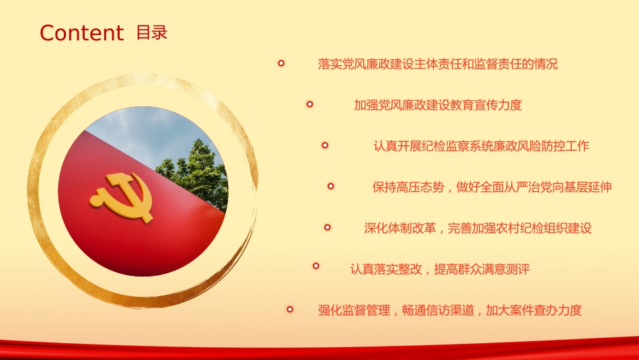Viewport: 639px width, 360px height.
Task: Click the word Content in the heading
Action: (81, 33)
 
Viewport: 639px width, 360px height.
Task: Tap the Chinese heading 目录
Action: (151, 32)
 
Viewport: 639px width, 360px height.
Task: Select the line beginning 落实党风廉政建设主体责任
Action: (438, 64)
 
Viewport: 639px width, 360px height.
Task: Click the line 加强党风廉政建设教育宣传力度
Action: (438, 105)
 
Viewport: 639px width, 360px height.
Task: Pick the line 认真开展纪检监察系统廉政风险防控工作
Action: (481, 145)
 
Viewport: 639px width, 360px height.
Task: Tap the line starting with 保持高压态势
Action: (492, 187)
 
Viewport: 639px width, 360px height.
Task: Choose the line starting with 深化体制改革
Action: (478, 228)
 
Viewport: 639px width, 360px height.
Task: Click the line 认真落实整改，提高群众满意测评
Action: (439, 269)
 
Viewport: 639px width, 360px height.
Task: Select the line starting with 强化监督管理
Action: (449, 310)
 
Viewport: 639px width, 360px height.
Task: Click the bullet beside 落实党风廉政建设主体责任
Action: (281, 63)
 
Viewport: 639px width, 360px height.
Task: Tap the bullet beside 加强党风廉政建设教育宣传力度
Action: (309, 104)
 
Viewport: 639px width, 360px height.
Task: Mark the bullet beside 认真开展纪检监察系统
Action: (325, 145)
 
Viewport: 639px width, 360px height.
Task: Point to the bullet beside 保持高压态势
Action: (331, 186)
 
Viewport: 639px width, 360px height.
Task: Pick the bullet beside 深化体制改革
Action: (328, 227)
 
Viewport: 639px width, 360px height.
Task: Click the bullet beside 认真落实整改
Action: (315, 266)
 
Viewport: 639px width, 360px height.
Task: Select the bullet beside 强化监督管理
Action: (290, 310)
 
